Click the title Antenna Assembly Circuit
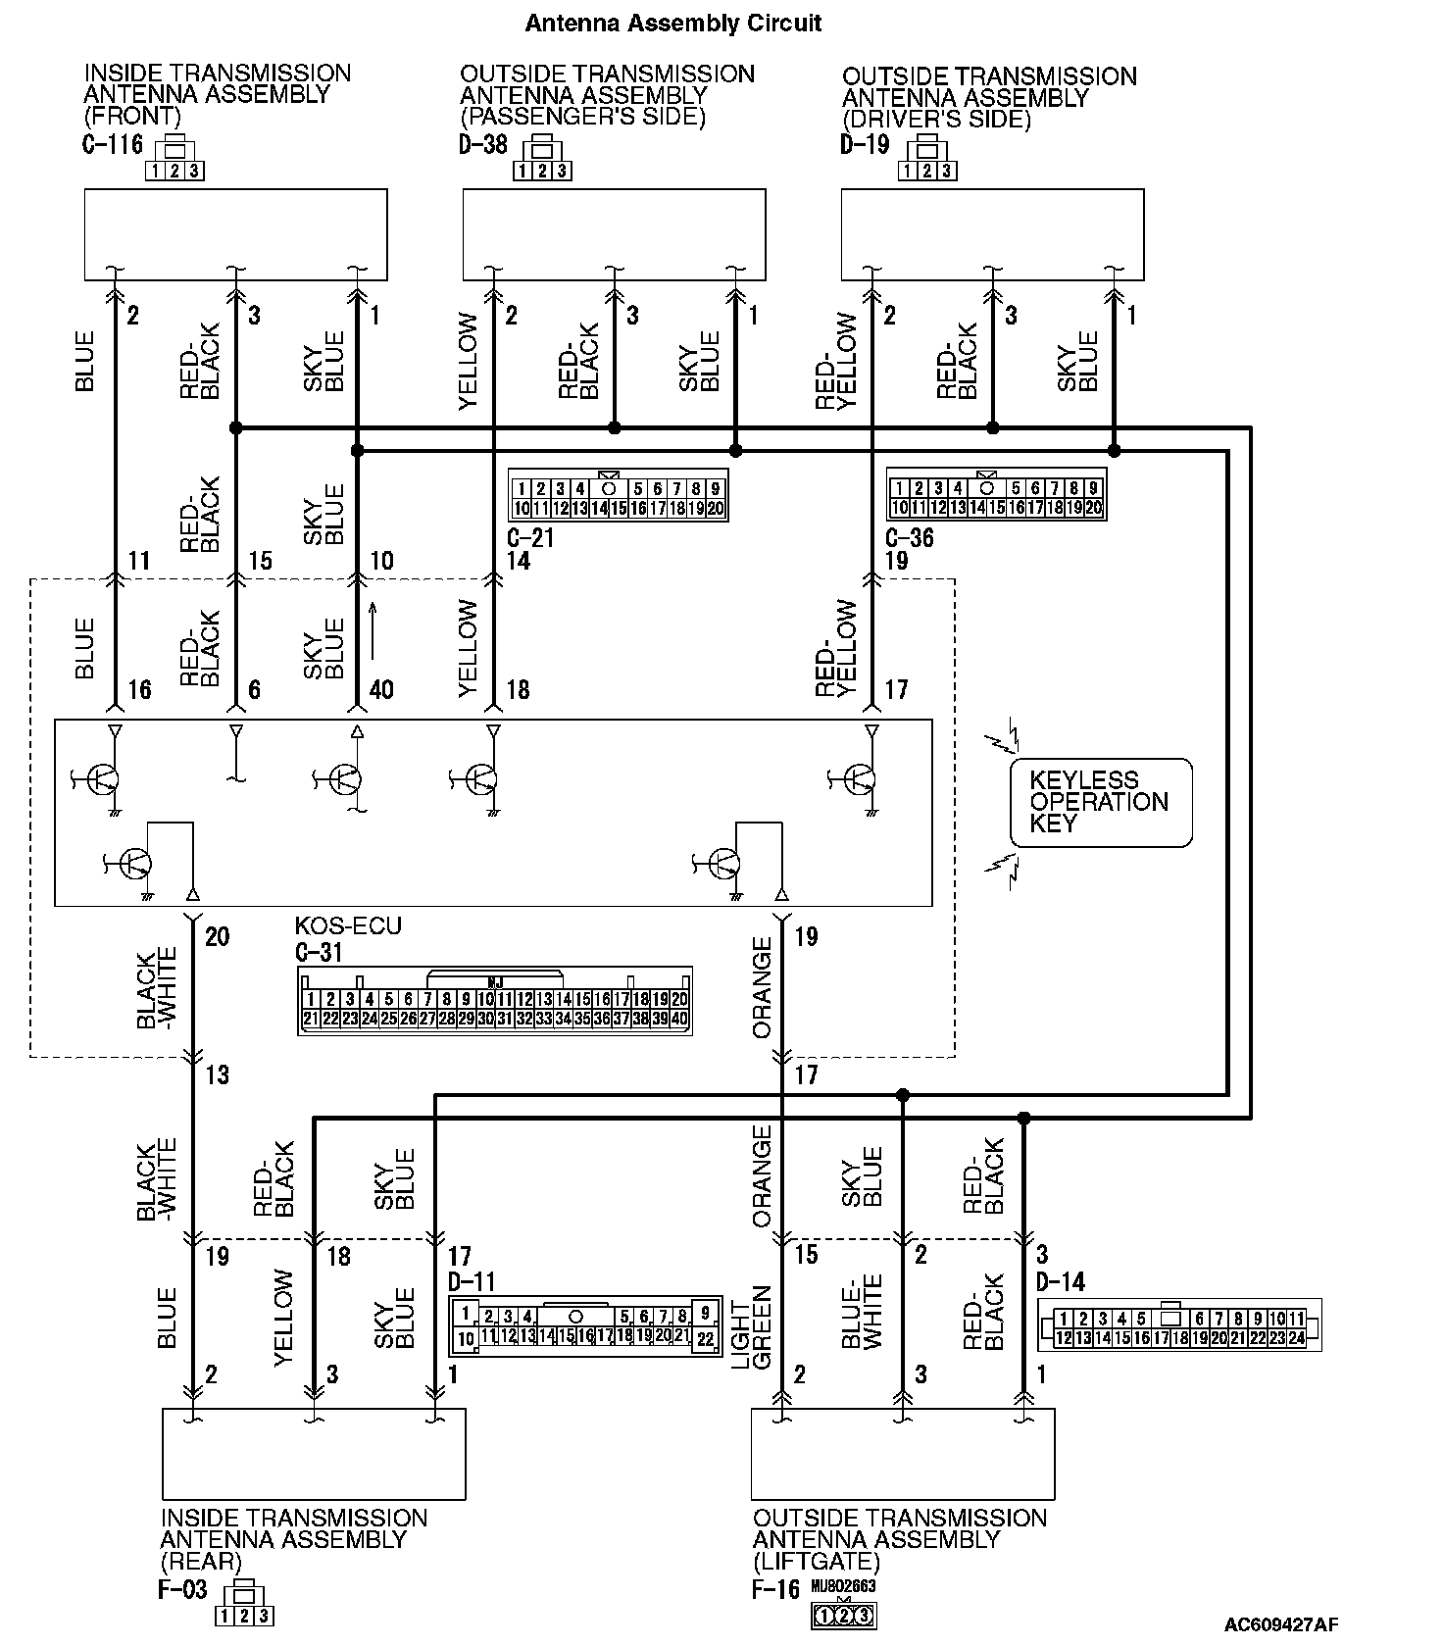pyautogui.click(x=672, y=23)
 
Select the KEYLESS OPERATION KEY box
pyautogui.click(x=1101, y=802)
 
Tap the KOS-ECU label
pyautogui.click(x=348, y=926)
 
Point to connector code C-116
pyautogui.click(x=113, y=145)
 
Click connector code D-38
pyautogui.click(x=483, y=145)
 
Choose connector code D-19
pyautogui.click(x=865, y=145)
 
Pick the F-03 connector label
pyautogui.click(x=182, y=1589)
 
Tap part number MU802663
pyautogui.click(x=843, y=1586)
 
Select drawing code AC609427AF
pyautogui.click(x=1280, y=1624)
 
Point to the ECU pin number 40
pyautogui.click(x=381, y=690)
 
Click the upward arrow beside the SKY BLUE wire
pyautogui.click(x=373, y=632)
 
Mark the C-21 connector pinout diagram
pyautogui.click(x=618, y=497)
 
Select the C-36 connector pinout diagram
pyautogui.click(x=996, y=497)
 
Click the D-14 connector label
pyautogui.click(x=1061, y=1281)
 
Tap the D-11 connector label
pyautogui.click(x=472, y=1281)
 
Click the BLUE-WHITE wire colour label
pyautogui.click(x=862, y=1312)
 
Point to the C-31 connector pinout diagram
pyautogui.click(x=494, y=1000)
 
